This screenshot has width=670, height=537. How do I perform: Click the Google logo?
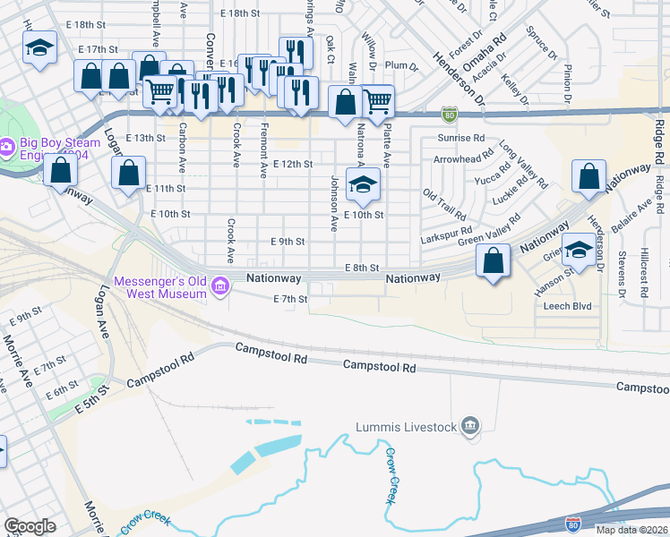(x=30, y=526)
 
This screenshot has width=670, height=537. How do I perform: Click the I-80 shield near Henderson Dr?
(x=449, y=114)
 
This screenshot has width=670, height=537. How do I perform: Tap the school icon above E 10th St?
(x=362, y=185)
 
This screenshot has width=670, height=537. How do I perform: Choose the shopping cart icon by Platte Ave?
(x=378, y=100)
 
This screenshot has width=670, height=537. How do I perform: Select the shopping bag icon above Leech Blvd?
(x=493, y=261)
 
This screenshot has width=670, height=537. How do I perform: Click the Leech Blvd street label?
(x=568, y=305)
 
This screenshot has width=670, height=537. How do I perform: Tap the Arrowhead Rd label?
(x=462, y=159)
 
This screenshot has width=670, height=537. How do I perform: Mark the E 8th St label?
(x=363, y=268)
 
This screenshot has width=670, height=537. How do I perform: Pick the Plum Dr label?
(x=401, y=66)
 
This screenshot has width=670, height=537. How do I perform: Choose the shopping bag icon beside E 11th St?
(x=129, y=172)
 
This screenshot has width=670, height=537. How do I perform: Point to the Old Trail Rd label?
(x=444, y=205)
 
